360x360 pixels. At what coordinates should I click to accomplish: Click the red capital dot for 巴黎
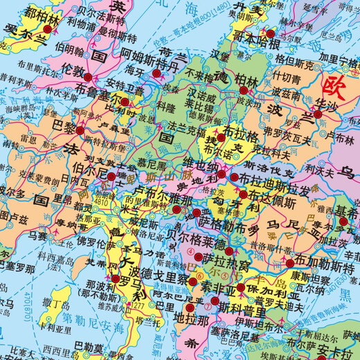tap(80, 130)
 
